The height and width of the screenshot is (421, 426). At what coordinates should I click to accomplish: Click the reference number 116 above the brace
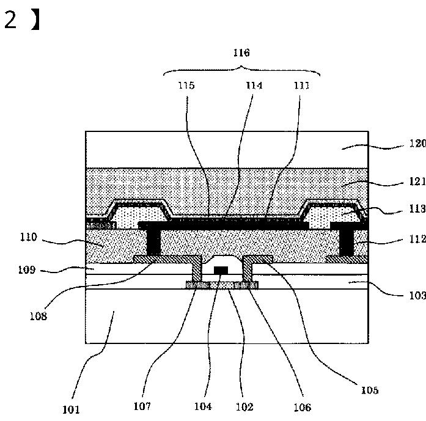tap(241, 53)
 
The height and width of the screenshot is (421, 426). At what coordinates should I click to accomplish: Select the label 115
tap(186, 86)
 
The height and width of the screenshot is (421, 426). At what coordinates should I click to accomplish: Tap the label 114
tap(254, 86)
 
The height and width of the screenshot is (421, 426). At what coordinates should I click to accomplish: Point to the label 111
tap(301, 86)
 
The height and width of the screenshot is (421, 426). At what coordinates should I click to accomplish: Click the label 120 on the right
tap(417, 143)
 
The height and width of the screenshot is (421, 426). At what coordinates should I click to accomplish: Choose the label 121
tap(417, 181)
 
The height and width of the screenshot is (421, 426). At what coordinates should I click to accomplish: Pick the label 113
tap(417, 208)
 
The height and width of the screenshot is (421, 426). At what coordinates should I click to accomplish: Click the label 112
tap(417, 239)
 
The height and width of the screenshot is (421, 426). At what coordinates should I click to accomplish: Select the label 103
tap(417, 295)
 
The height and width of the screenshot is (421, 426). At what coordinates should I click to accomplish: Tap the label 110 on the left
tap(29, 237)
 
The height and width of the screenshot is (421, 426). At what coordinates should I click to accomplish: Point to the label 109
tap(27, 269)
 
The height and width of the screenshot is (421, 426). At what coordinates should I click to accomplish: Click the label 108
tap(39, 316)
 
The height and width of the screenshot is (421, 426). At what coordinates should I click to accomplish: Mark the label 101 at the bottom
tap(71, 409)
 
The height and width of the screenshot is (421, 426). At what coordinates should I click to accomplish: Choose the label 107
tap(142, 406)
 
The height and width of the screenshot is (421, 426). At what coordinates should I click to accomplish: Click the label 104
tap(203, 406)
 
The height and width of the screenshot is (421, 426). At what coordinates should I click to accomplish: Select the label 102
tap(244, 407)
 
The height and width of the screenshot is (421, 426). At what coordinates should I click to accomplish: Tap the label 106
tap(303, 408)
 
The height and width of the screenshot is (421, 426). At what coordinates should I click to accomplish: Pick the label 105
tap(370, 390)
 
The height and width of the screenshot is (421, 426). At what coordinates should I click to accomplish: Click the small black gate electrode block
tap(221, 270)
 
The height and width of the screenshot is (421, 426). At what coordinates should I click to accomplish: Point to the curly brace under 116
tap(241, 70)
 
